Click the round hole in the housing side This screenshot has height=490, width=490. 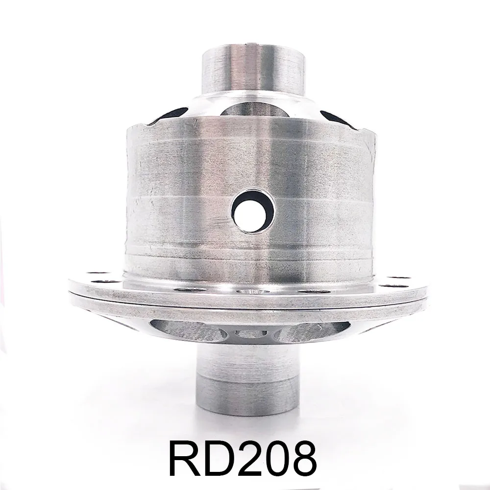click(253, 211)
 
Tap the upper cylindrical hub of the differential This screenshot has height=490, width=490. click(253, 69)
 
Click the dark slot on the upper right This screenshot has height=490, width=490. click(338, 119)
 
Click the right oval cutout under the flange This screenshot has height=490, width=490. click(314, 331)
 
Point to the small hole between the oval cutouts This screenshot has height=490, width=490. click(251, 334)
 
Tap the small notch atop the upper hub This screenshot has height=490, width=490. click(253, 46)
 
